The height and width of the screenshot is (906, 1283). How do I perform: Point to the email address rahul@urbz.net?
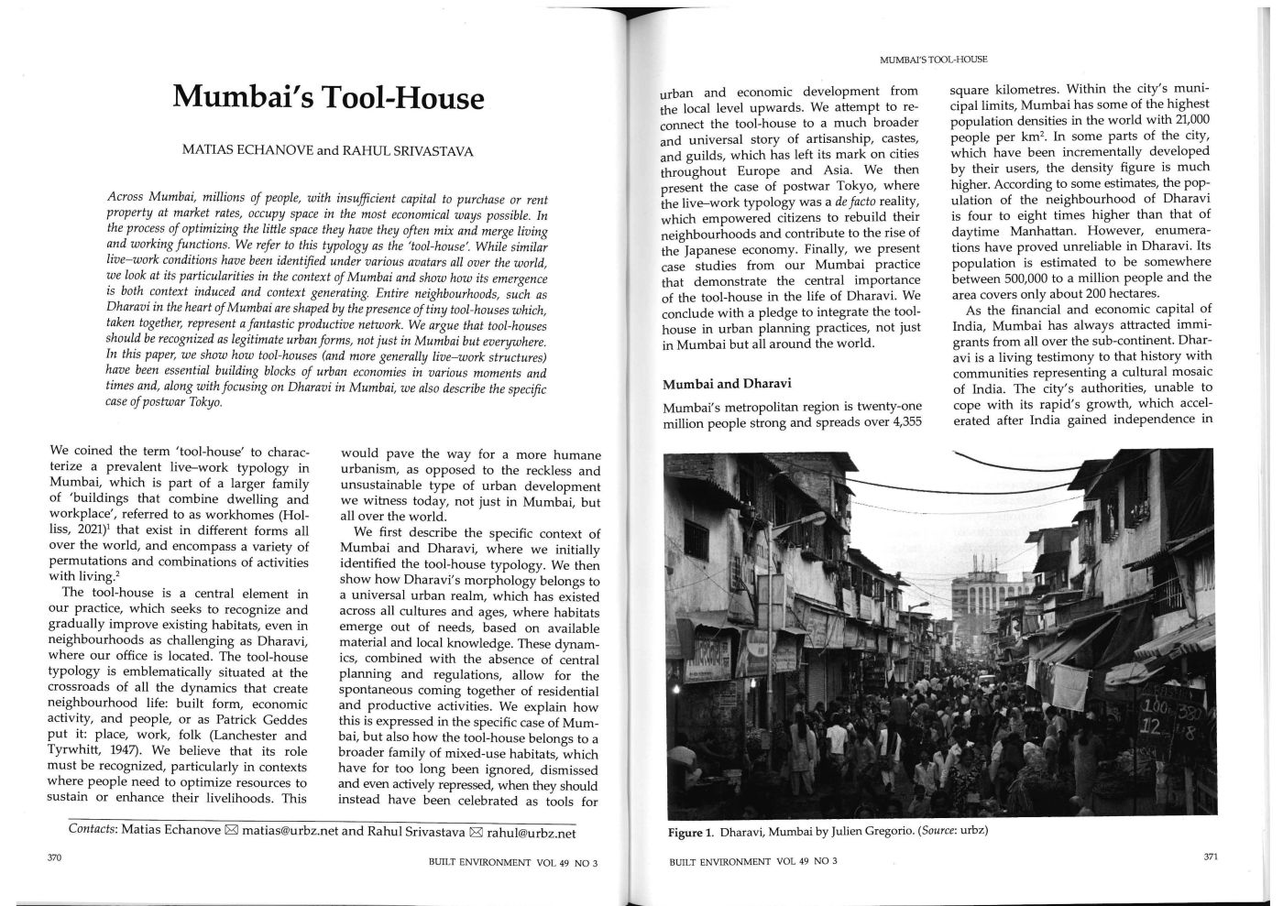[x=532, y=833]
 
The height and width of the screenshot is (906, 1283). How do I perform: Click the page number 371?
[x=1210, y=857]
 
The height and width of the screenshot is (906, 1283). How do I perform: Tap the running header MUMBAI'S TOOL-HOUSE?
[x=933, y=60]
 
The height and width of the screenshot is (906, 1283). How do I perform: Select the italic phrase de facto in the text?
[x=855, y=202]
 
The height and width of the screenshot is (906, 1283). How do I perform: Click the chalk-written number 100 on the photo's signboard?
[x=1159, y=710]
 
